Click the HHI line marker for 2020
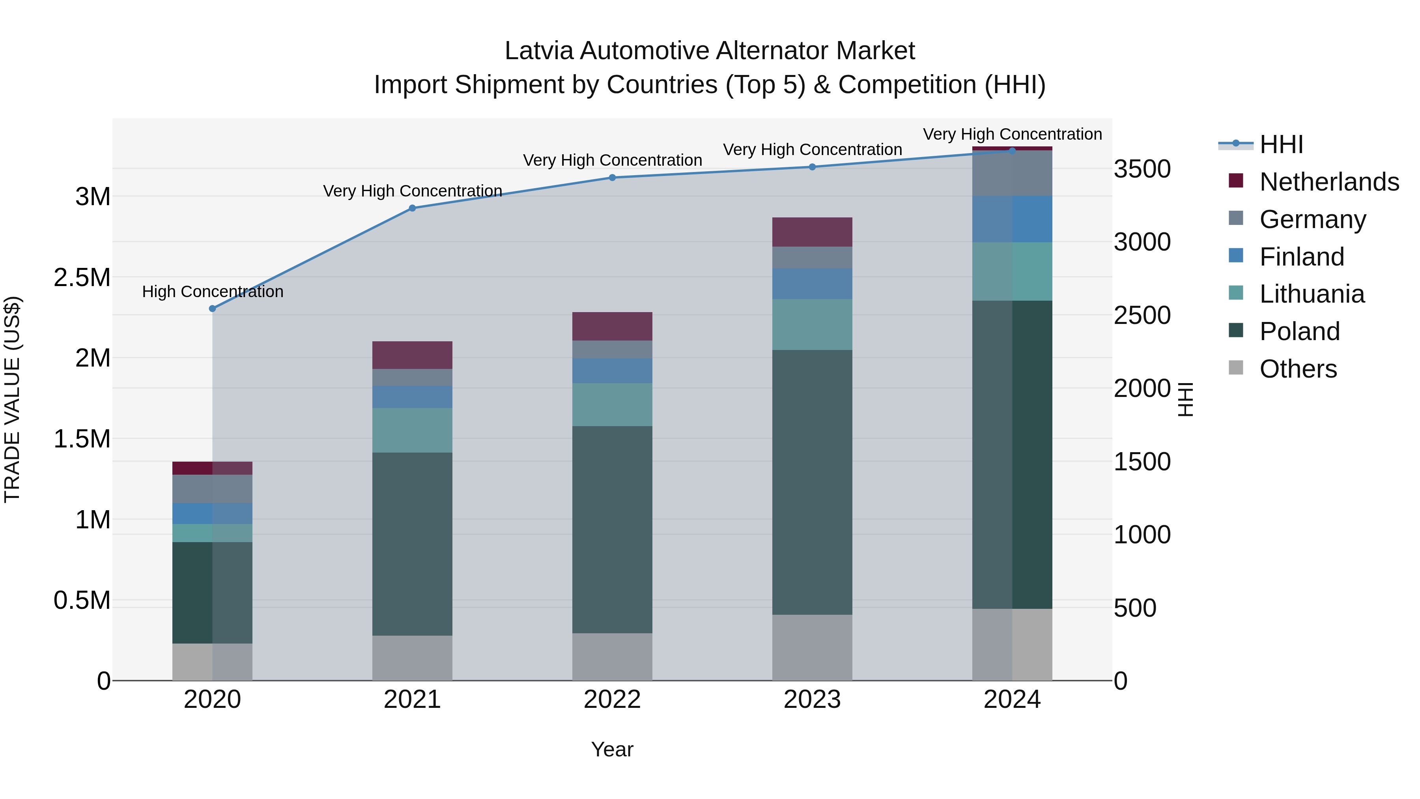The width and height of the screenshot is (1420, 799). [x=212, y=309]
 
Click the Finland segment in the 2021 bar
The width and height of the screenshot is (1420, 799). [x=412, y=397]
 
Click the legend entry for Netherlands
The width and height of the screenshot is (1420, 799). [x=1328, y=182]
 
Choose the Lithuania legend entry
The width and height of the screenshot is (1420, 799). [x=1312, y=294]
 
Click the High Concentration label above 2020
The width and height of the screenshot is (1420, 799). [x=213, y=291]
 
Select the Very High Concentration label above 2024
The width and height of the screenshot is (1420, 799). [x=1012, y=134]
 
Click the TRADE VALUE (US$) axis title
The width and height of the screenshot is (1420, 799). [x=12, y=399]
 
